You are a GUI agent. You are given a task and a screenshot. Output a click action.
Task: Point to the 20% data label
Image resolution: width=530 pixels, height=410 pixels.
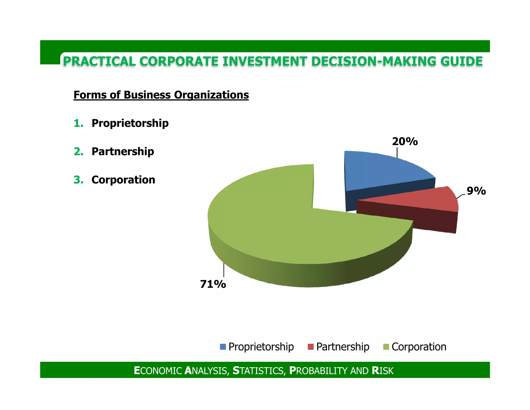pyautogui.click(x=405, y=142)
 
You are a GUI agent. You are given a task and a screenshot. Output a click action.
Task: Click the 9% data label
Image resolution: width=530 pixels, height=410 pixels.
pyautogui.click(x=476, y=191)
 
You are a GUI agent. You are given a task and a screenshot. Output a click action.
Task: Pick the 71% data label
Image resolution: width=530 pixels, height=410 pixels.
pyautogui.click(x=213, y=284)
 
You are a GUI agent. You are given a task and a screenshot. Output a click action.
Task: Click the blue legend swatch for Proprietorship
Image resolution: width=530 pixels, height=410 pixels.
pyautogui.click(x=223, y=347)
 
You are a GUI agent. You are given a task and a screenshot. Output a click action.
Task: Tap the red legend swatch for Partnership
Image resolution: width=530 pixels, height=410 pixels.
pyautogui.click(x=311, y=347)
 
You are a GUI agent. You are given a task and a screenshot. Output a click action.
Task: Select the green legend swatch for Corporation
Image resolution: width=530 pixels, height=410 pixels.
pyautogui.click(x=386, y=347)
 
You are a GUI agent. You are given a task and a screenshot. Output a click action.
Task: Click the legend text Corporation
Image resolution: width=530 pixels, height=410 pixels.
pyautogui.click(x=419, y=347)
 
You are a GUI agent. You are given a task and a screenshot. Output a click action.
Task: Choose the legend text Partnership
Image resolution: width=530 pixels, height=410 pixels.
pyautogui.click(x=343, y=347)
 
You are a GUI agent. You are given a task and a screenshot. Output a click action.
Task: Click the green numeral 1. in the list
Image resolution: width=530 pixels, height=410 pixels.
pyautogui.click(x=78, y=123)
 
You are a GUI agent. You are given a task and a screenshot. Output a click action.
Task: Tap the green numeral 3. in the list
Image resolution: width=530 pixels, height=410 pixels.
pyautogui.click(x=78, y=180)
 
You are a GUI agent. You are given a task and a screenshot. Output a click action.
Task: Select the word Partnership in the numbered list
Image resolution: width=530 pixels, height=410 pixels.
pyautogui.click(x=123, y=151)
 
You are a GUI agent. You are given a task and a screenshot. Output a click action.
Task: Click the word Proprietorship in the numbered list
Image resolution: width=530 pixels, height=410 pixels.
pyautogui.click(x=130, y=123)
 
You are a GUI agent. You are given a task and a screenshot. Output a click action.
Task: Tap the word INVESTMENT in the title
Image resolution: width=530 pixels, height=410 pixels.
pyautogui.click(x=264, y=61)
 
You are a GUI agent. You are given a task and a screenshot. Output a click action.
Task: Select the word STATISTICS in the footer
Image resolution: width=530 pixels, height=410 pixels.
pyautogui.click(x=259, y=371)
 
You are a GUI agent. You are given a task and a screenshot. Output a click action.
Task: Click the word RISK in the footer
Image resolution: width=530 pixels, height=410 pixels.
pyautogui.click(x=382, y=371)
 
